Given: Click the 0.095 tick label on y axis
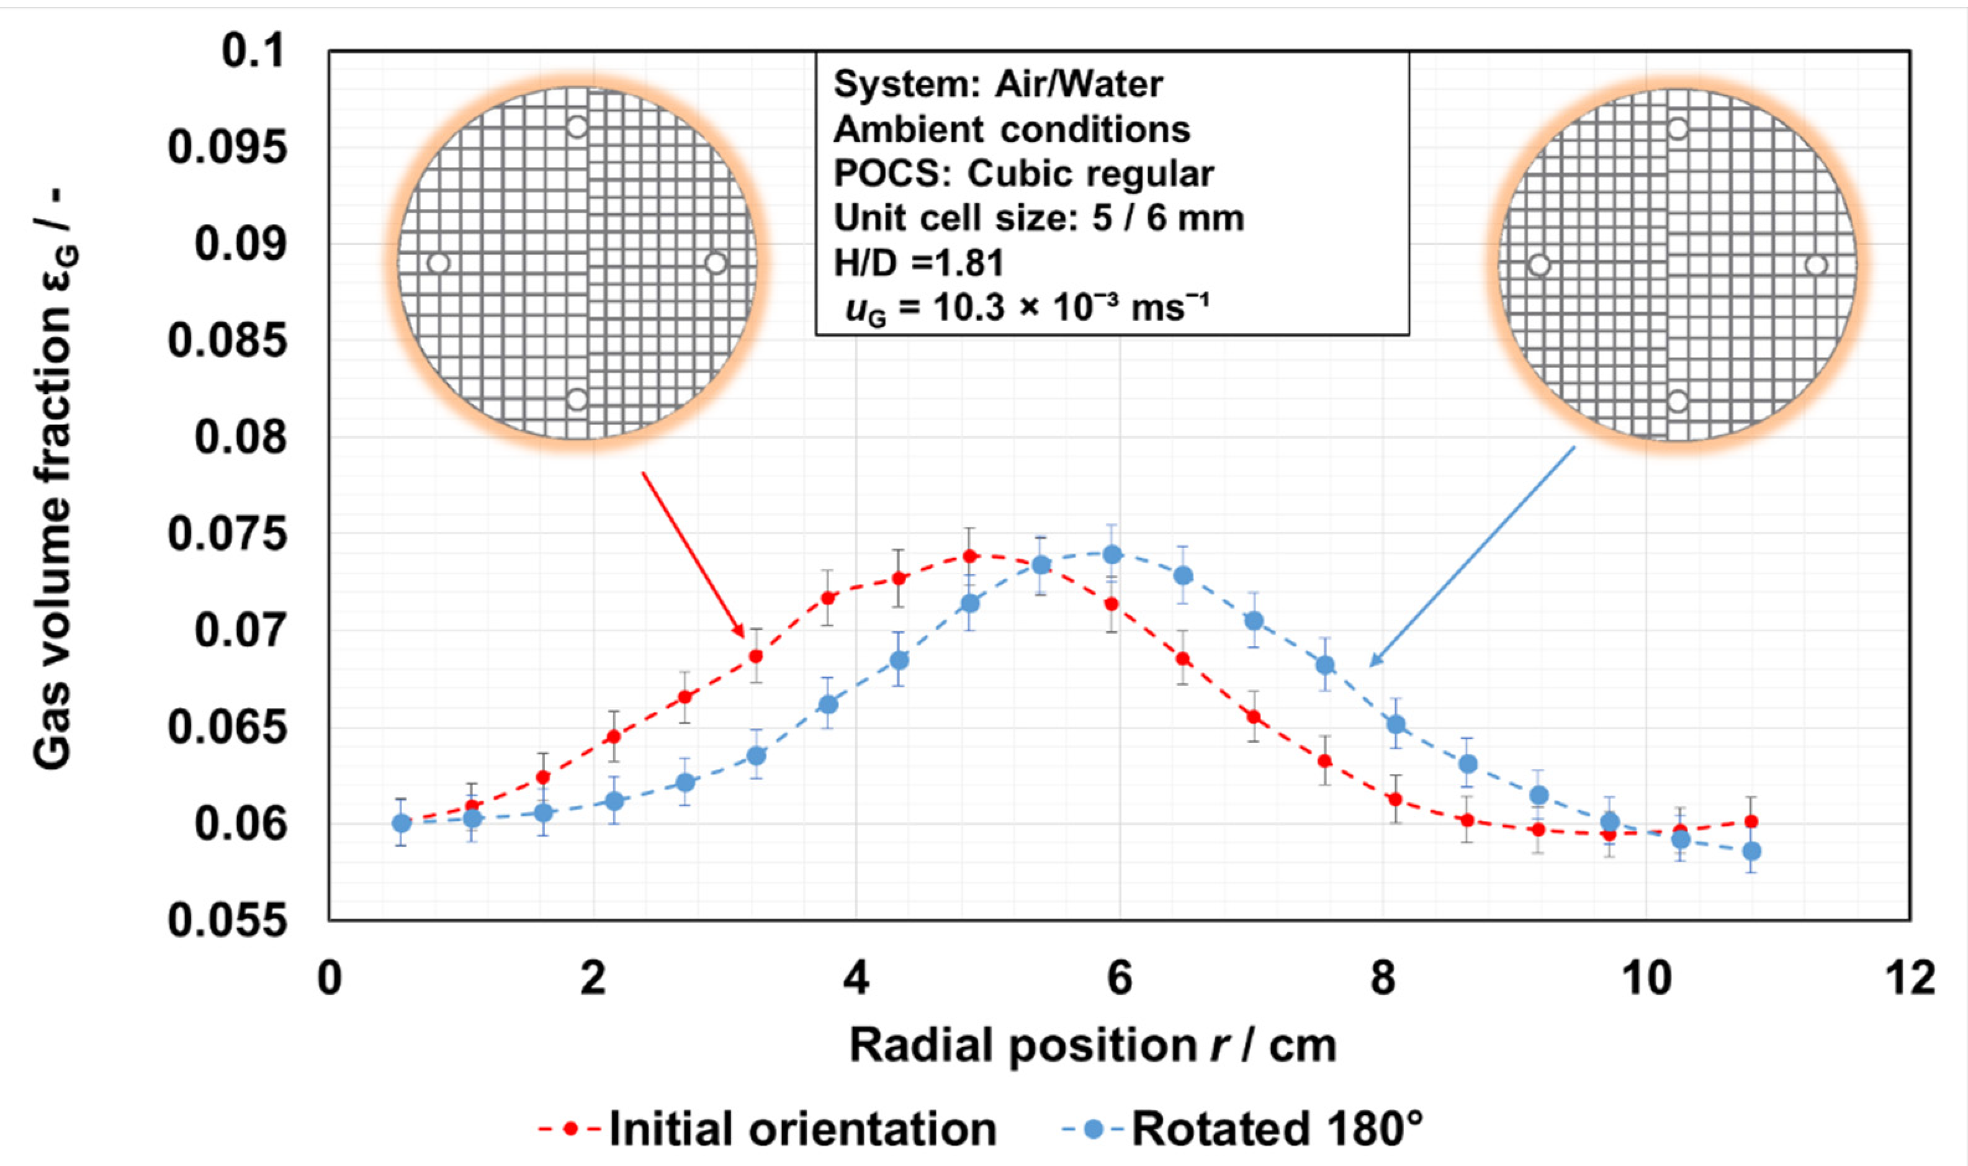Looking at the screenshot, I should [227, 148].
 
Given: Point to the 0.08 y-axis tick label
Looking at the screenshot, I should [240, 437].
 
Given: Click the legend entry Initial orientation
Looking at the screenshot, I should [801, 1129].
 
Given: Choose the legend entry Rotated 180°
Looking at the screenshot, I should [1277, 1129].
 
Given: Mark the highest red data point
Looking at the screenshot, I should [970, 556].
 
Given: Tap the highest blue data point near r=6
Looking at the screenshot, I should [1112, 555].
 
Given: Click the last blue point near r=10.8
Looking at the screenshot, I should [1751, 851].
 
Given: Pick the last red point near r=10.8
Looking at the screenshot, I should [1751, 821].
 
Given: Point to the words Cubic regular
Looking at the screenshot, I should [1090, 174].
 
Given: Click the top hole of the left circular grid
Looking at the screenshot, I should [577, 127].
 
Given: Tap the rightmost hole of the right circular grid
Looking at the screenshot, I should [1815, 265].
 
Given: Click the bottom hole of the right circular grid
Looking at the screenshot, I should [1678, 401].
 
